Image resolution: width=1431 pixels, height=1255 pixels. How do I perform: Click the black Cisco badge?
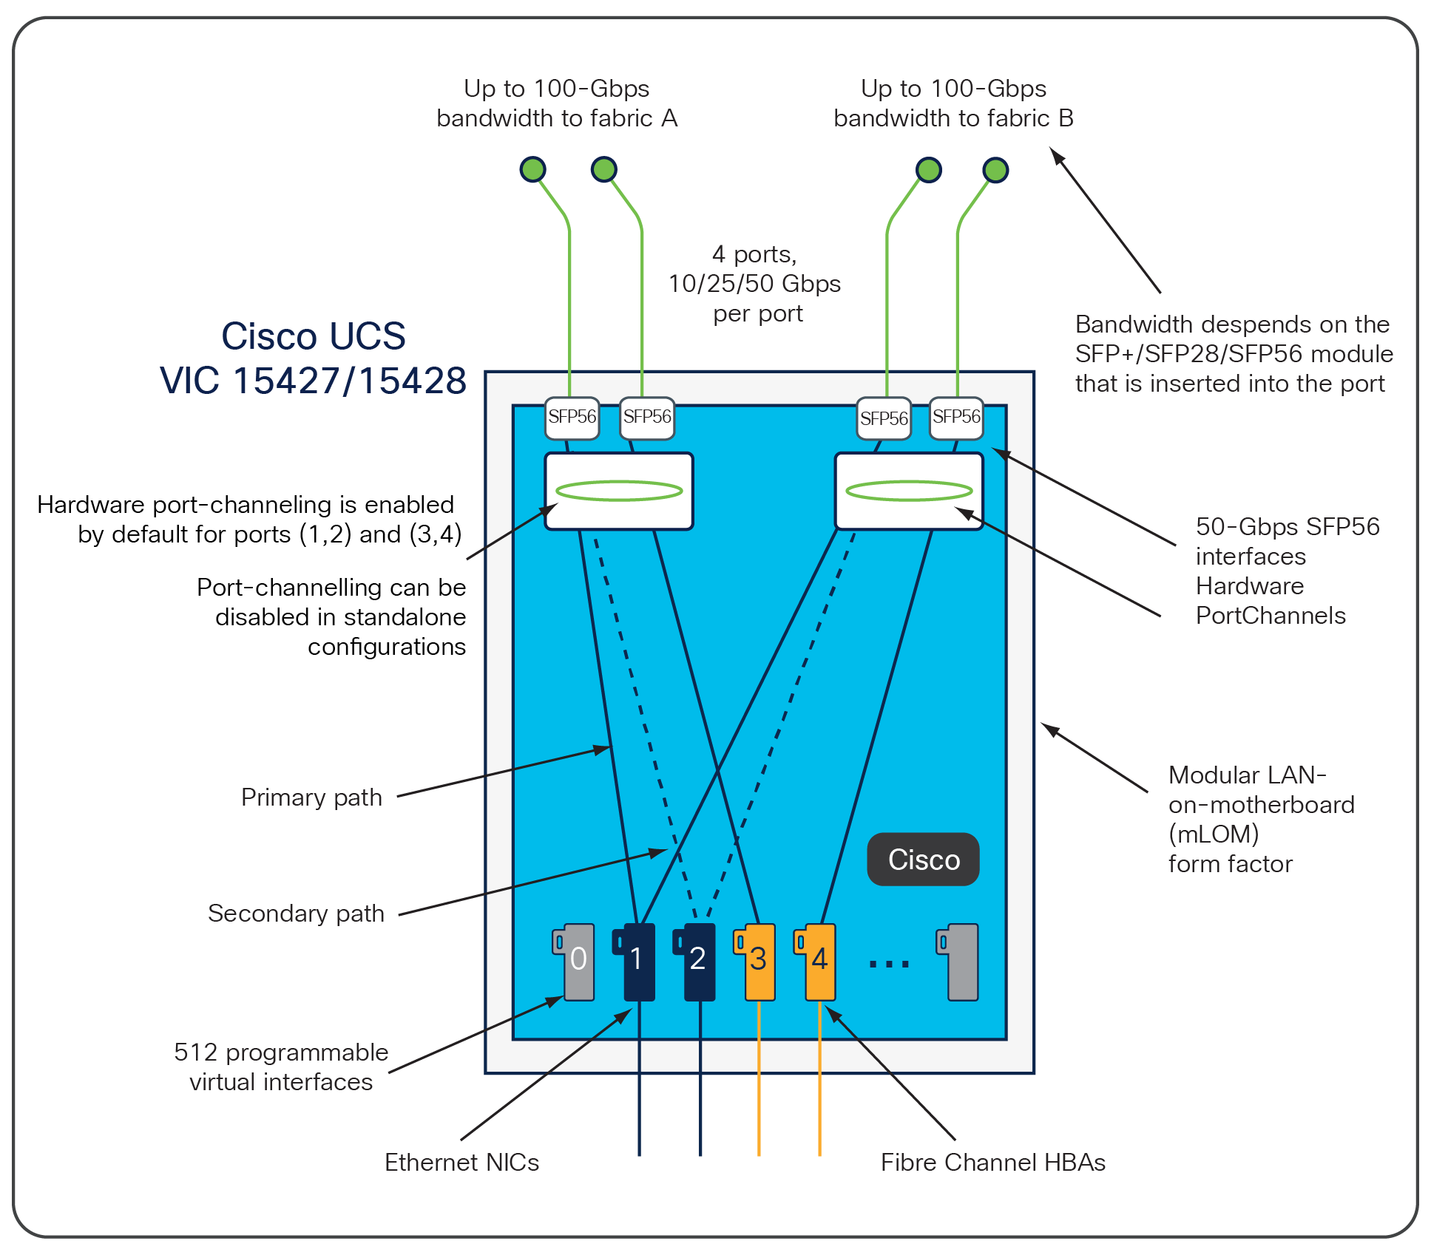[x=923, y=860]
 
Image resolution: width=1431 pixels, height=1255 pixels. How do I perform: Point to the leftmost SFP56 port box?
[x=572, y=418]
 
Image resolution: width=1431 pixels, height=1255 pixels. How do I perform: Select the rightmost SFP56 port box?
[x=956, y=418]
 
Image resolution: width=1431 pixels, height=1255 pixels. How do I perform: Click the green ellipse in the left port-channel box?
[x=619, y=490]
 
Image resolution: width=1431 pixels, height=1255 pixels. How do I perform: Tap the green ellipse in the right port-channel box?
[x=909, y=490]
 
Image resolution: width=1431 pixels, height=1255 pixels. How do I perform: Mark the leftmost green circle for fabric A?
[x=532, y=169]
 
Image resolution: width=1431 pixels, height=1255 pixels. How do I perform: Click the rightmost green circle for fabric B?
[x=995, y=170]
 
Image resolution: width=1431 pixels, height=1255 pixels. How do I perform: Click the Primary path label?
[x=311, y=797]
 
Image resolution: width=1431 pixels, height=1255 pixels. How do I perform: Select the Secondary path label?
[x=296, y=914]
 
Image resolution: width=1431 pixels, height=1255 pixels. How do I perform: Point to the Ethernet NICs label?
[x=461, y=1163]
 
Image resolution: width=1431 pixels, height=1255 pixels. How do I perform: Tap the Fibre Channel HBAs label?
[x=992, y=1163]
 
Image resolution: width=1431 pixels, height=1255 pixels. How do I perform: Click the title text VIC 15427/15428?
[x=313, y=381]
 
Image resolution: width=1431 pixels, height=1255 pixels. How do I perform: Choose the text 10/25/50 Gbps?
[x=754, y=284]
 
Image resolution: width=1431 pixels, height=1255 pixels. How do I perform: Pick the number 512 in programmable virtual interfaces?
[x=195, y=1052]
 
